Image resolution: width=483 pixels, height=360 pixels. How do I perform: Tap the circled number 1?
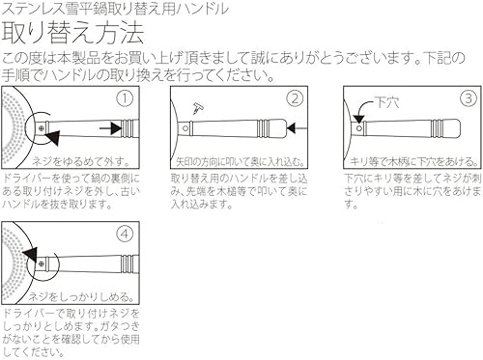(124, 98)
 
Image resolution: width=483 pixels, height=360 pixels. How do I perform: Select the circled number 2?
(295, 98)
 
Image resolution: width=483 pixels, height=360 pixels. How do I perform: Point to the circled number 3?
(467, 98)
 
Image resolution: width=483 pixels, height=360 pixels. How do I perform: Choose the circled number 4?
(124, 233)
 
